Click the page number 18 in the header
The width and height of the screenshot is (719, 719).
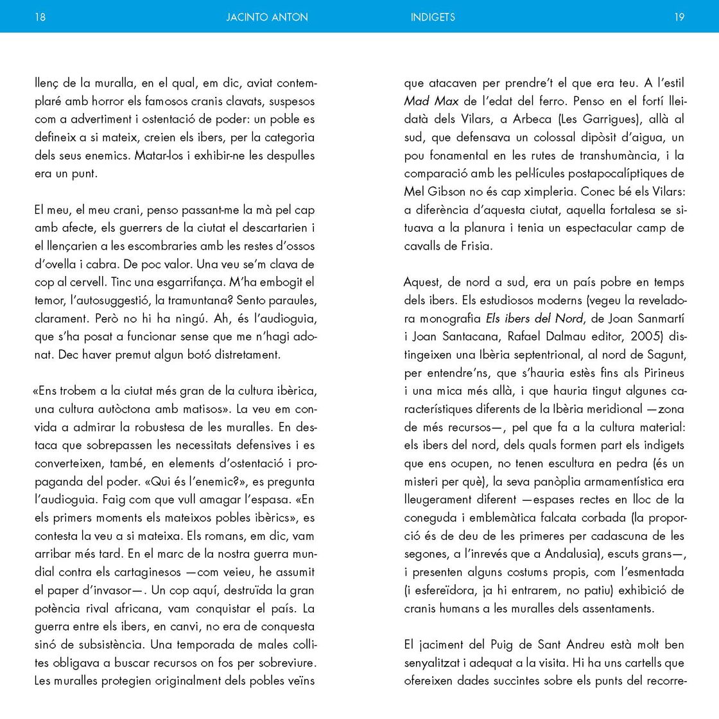point(40,17)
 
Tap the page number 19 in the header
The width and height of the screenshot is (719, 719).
point(679,17)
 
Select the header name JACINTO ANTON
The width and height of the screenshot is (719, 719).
point(266,17)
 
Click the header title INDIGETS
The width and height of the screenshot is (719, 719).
point(433,17)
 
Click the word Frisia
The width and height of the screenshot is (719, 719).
point(475,246)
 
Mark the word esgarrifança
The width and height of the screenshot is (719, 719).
point(193,282)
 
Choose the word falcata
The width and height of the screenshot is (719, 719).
point(573,517)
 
